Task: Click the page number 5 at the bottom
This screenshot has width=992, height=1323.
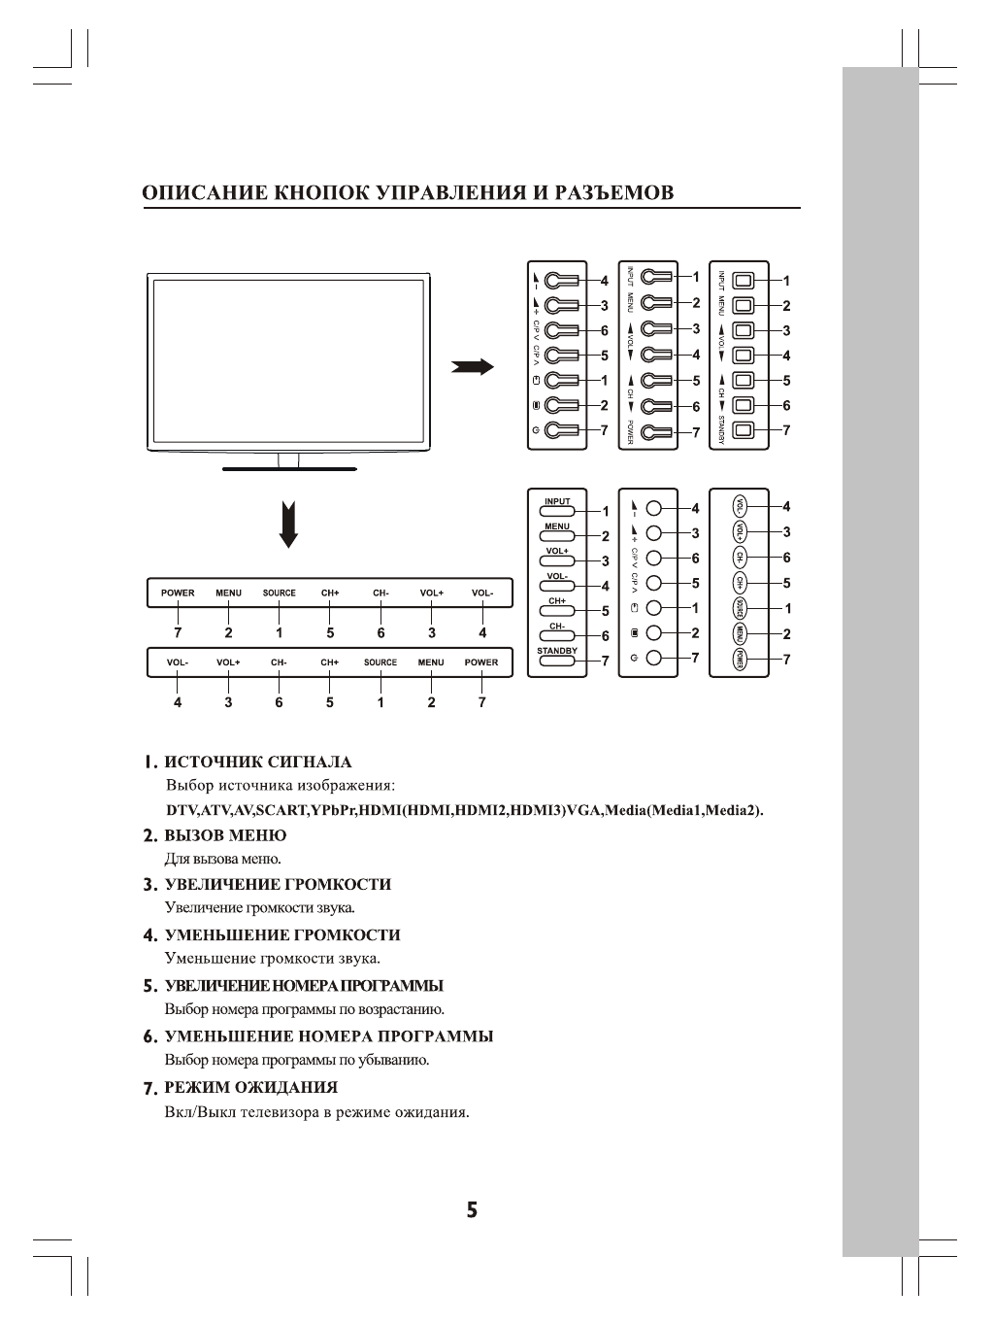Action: pos(472,1210)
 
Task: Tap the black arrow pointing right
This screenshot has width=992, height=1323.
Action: pos(473,366)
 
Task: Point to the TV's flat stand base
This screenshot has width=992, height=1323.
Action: pos(289,469)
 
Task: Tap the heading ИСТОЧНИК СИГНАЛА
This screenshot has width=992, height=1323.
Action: pos(258,763)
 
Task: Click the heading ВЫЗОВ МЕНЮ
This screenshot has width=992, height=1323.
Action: pos(225,835)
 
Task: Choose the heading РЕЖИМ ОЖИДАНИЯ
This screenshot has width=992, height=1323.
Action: pos(251,1087)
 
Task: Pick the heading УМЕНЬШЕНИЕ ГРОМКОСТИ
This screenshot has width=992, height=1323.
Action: pos(282,935)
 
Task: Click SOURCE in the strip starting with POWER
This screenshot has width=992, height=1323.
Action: pos(280,593)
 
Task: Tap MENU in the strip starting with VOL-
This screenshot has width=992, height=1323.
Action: pos(431,662)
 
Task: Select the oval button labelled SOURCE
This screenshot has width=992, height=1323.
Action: pos(740,609)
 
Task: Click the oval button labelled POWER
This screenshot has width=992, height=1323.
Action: pos(740,660)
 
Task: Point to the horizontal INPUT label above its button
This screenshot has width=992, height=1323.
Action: pos(557,502)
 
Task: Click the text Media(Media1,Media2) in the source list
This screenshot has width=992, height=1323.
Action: pos(683,810)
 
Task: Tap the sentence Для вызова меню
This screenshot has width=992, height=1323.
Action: pos(223,859)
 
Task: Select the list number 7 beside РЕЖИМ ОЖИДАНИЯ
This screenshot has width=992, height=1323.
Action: pos(149,1088)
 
